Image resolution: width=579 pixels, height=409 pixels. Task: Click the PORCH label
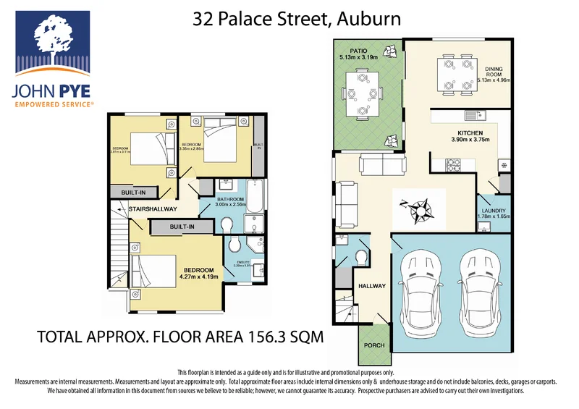coord(374,345)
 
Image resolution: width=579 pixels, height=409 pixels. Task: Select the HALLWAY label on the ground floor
coord(372,286)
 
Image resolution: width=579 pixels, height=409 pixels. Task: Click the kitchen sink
coord(473,115)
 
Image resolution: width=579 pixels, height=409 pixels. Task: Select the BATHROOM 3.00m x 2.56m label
coord(232,201)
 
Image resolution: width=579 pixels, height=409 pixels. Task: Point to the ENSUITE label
coord(243,263)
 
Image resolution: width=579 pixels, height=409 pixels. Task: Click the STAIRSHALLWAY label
coord(153,210)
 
